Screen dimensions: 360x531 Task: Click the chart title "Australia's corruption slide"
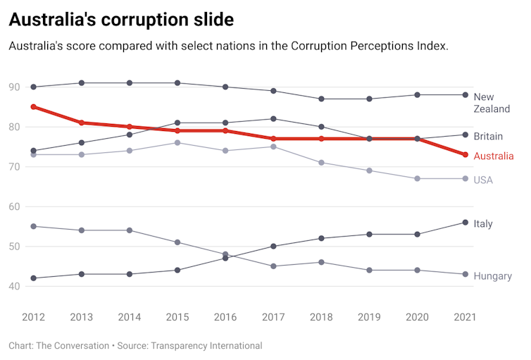click(x=121, y=20)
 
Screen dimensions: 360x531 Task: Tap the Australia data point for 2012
click(x=33, y=107)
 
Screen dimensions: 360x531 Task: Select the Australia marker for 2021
click(x=465, y=154)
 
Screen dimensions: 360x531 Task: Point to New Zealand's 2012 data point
click(x=33, y=87)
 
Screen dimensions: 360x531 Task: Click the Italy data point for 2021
click(x=465, y=223)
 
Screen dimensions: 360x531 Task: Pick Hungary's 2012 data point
click(x=33, y=226)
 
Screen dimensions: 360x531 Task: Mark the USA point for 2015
click(x=177, y=143)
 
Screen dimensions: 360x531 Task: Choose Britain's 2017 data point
click(x=273, y=119)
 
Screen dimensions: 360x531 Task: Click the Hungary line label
click(x=492, y=276)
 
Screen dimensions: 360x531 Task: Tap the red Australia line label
click(x=494, y=156)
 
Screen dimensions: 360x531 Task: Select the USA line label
click(x=483, y=180)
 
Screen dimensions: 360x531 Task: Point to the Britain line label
click(x=488, y=136)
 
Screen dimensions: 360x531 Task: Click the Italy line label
click(x=483, y=224)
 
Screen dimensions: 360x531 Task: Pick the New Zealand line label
click(x=492, y=103)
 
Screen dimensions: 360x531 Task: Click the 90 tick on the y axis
click(x=14, y=87)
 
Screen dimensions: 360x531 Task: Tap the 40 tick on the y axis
click(x=14, y=286)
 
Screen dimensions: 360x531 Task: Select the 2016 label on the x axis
click(x=225, y=317)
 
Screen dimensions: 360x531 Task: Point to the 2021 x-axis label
click(x=465, y=317)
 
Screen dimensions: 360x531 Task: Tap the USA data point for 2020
click(x=417, y=178)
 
